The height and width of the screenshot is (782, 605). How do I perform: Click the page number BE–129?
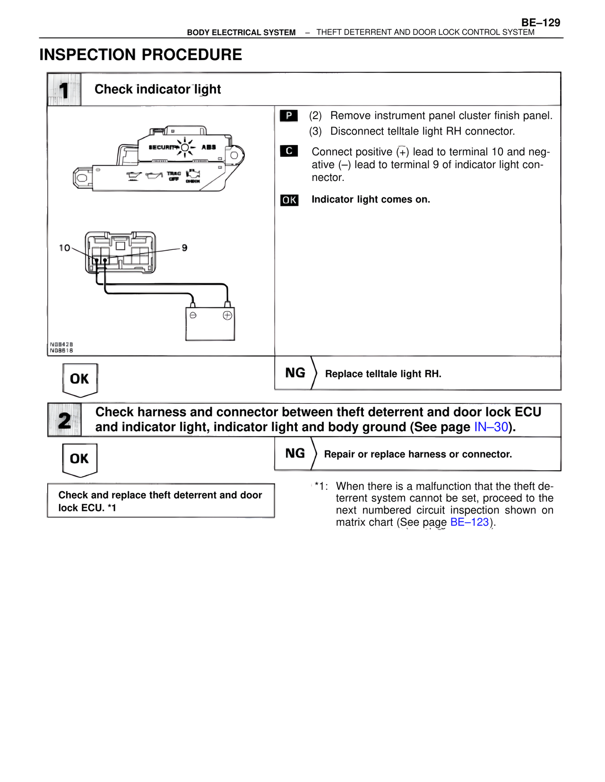(541, 23)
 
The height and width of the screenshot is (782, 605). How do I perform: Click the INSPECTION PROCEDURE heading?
(140, 55)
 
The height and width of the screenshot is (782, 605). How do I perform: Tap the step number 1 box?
(64, 90)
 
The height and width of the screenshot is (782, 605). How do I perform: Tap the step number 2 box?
(64, 420)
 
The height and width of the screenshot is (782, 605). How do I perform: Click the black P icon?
(289, 116)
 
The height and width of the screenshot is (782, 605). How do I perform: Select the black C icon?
(289, 151)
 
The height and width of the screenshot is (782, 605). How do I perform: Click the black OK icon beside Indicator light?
(289, 200)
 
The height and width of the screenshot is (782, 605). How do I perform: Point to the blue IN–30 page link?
(491, 427)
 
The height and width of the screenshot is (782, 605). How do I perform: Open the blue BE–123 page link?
(469, 522)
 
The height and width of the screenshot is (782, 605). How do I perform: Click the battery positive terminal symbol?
(227, 315)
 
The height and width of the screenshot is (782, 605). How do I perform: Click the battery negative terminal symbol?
(193, 315)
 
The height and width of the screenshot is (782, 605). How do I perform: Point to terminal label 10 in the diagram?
(64, 248)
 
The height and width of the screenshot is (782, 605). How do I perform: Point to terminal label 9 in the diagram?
(185, 248)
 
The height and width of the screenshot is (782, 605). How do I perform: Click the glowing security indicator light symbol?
(185, 147)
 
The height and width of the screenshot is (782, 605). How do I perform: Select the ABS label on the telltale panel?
(208, 147)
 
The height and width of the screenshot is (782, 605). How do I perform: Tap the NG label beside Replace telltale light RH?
(295, 373)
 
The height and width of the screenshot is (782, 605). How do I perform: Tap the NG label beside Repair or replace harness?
(295, 453)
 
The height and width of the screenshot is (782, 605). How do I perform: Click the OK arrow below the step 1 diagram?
(79, 379)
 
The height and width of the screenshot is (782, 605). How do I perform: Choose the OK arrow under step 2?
(79, 459)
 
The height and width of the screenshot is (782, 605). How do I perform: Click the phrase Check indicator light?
(157, 89)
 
